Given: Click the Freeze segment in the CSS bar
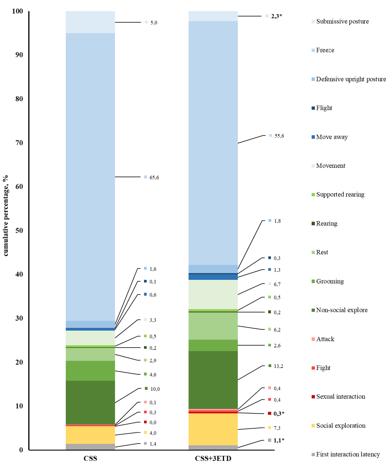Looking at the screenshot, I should [x=90, y=177].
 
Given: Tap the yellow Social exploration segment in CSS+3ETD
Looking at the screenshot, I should [x=213, y=429].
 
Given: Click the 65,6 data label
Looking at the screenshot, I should [x=154, y=178].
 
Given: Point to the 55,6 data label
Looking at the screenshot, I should [x=279, y=136].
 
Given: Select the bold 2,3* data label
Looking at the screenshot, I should [x=276, y=16].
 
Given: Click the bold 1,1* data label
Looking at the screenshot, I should [x=279, y=440].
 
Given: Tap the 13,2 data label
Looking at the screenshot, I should [x=278, y=366].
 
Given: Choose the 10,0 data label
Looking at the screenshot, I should [x=155, y=389].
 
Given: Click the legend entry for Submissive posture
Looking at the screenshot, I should [x=342, y=21].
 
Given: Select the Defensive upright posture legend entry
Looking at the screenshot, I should [x=351, y=79].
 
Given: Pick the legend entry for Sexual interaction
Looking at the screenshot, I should [x=341, y=396].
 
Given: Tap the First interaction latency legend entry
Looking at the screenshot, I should [x=348, y=454].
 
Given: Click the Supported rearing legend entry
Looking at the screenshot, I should [x=340, y=194].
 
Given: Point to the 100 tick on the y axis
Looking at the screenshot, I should [x=17, y=11].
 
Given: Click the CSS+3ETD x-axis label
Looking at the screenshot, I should [x=213, y=459].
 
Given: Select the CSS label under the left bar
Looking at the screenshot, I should [x=90, y=459].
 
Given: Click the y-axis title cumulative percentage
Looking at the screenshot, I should [x=6, y=216].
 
